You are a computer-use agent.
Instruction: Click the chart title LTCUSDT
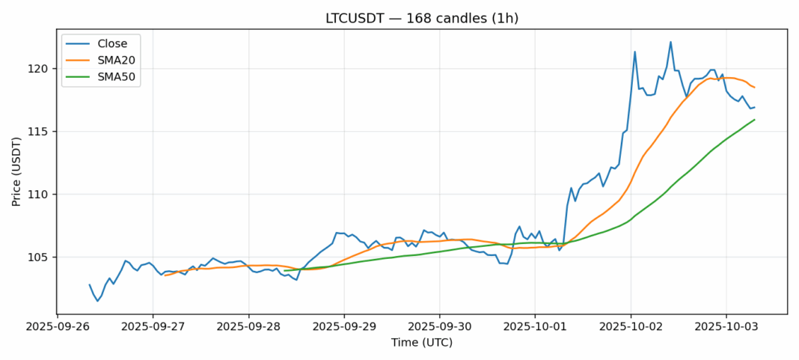[421, 18]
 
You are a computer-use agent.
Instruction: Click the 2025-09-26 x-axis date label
[58, 328]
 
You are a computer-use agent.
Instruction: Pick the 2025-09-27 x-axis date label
[153, 328]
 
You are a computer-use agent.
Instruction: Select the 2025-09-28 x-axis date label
[248, 328]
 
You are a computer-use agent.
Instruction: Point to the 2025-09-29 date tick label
[344, 328]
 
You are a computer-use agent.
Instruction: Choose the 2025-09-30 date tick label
[439, 328]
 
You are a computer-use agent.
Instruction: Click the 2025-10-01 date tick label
[535, 328]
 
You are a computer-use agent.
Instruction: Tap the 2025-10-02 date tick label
[631, 328]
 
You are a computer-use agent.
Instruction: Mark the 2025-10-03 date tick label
[726, 328]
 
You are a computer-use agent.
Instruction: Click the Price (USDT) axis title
[16, 171]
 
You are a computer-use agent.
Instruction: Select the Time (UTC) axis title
[421, 344]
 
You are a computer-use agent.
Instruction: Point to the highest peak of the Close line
[670, 42]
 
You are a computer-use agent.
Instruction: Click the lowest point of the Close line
[97, 301]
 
